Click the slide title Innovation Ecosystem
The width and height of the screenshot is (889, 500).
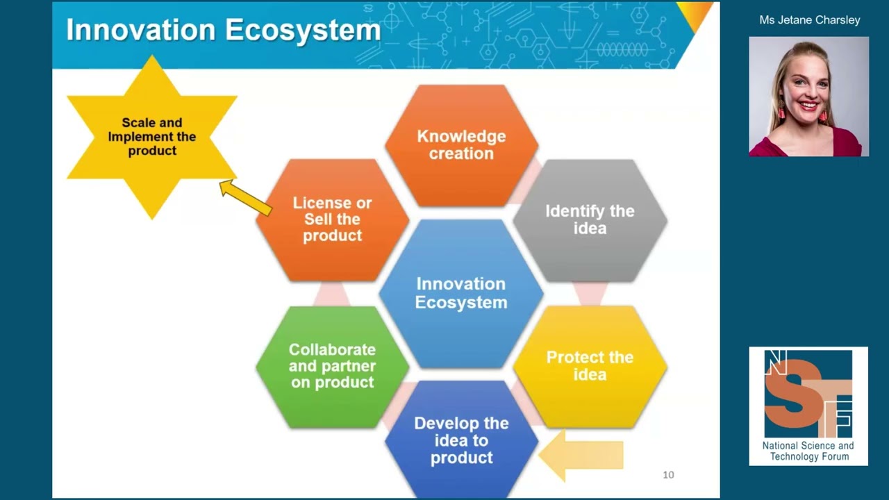224,30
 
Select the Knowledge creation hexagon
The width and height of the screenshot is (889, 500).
462,145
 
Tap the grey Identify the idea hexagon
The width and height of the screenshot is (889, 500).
590,220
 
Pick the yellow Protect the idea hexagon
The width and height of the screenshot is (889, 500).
590,366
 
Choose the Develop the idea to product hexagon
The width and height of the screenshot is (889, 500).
462,440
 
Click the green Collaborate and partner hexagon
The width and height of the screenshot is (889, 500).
332,367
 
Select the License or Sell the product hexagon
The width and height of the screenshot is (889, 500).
332,220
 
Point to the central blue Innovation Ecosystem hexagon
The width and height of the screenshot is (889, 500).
461,293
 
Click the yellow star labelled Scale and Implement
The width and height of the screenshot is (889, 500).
152,137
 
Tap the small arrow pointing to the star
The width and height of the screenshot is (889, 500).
246,198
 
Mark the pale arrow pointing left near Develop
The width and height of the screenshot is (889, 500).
581,455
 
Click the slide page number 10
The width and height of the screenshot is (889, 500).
668,474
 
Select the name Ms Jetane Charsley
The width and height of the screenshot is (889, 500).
810,20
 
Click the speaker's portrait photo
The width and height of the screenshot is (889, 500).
809,97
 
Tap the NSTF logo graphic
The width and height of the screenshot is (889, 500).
808,393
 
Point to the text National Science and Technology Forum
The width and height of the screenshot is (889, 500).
809,451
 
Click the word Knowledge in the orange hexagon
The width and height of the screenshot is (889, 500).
462,137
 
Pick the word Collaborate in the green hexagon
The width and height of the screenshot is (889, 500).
332,349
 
